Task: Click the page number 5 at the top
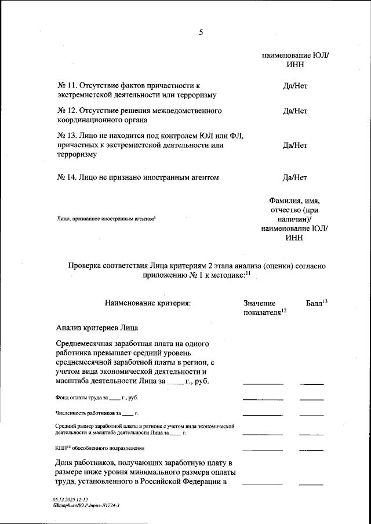coord(201,32)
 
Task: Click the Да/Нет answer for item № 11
coord(294,86)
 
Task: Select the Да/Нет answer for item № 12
coord(294,110)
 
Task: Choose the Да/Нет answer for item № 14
coord(294,177)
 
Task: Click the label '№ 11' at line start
coord(66,86)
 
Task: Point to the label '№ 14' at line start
coord(66,177)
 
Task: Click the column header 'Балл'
coord(315,303)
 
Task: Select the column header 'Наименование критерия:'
coord(147,303)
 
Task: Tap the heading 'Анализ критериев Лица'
coord(97,327)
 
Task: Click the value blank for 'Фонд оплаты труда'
coord(263,399)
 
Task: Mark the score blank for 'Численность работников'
coord(311,415)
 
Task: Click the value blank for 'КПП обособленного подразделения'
coord(263,450)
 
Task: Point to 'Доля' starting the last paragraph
coord(66,463)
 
